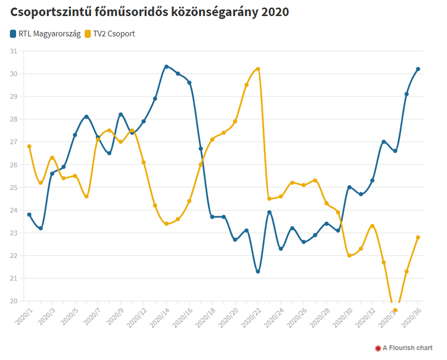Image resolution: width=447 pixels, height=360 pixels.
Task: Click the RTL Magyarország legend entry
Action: [x=45, y=33]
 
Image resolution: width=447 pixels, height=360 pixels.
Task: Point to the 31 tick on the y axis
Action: [x=13, y=51]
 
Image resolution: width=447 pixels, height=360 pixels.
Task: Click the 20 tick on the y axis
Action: [x=13, y=301]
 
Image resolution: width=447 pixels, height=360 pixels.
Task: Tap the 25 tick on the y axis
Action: [x=13, y=187]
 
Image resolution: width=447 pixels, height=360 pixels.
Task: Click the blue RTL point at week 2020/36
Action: [x=418, y=69]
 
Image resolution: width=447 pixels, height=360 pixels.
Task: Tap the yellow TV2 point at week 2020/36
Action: [x=418, y=237]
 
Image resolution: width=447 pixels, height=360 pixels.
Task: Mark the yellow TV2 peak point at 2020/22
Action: [x=257, y=69]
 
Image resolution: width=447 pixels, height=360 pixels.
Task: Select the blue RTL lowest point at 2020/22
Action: [x=257, y=271]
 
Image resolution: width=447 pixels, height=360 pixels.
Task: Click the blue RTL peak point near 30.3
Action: [x=166, y=67]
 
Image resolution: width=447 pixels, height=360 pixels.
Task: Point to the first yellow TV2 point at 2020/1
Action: [x=29, y=146]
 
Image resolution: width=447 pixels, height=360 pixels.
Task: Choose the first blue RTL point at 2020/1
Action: [x=29, y=215]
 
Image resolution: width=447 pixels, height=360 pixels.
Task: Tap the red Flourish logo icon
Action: [x=377, y=347]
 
